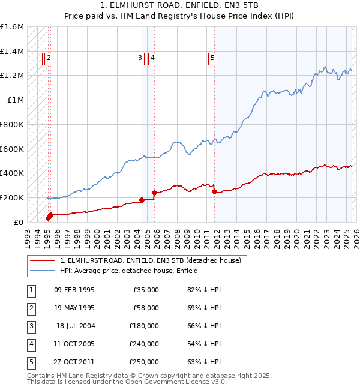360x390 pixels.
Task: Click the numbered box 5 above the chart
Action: click(x=213, y=58)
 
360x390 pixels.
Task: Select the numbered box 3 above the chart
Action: click(x=140, y=58)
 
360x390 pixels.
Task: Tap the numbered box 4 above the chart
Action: click(x=153, y=58)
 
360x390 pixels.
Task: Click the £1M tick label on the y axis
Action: click(x=16, y=100)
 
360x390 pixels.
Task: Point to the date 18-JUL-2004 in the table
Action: click(x=75, y=326)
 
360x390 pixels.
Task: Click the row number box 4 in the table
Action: click(x=30, y=344)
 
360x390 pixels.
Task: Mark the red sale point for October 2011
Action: click(x=215, y=192)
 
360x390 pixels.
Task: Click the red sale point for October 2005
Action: click(x=155, y=193)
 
